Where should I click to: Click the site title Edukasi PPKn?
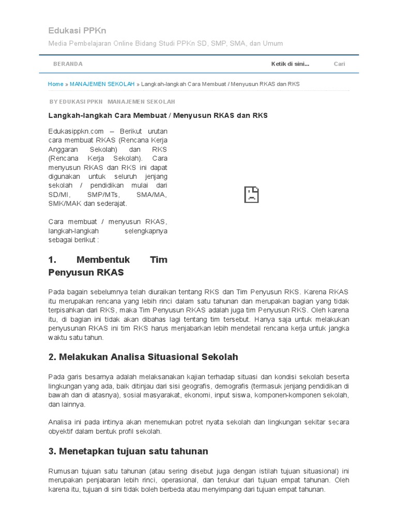point(77,30)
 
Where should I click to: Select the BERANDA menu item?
point(68,64)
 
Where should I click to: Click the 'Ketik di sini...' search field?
point(290,64)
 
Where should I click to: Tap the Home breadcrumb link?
point(55,84)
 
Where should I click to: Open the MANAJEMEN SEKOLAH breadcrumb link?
point(102,84)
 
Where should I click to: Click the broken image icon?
point(251,194)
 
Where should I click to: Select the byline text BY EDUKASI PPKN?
point(76,102)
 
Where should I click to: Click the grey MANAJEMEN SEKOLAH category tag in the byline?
point(141,102)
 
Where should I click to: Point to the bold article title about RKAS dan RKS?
point(158,115)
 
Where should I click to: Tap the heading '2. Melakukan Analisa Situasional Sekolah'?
point(143,357)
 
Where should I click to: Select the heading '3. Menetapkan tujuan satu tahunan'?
point(128,451)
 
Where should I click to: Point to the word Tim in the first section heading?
point(158,259)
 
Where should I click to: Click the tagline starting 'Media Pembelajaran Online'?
point(165,43)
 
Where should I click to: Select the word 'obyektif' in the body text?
point(60,431)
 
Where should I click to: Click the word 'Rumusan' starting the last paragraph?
point(62,471)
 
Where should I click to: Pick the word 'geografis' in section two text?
point(180,386)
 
